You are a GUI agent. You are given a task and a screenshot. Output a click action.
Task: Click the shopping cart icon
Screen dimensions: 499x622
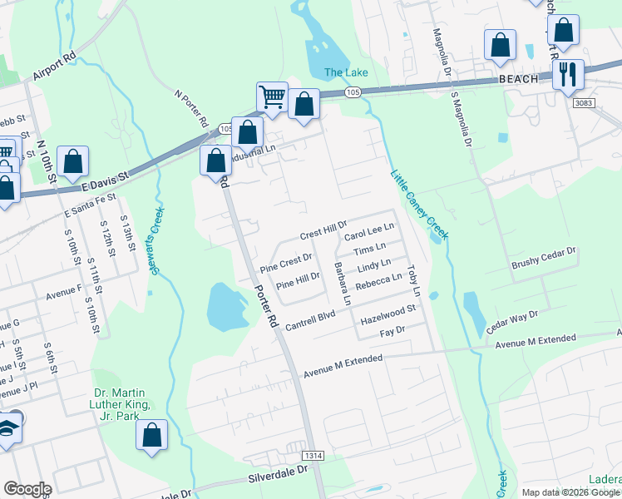[x=272, y=97]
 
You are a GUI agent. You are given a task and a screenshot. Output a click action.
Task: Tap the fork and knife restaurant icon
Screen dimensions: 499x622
[x=568, y=74]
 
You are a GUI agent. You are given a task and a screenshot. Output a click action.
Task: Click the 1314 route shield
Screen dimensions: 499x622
[x=313, y=447]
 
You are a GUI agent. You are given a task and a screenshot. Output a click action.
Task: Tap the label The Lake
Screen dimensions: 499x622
[x=345, y=72]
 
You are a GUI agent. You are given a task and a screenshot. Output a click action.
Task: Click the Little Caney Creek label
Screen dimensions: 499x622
[x=420, y=205]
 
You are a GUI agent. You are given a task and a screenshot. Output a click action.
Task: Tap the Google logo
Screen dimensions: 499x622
[x=27, y=489]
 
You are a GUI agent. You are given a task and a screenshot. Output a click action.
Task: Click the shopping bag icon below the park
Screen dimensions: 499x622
[x=151, y=435]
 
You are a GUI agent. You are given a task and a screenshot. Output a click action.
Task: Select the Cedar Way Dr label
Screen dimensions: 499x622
[x=512, y=322]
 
